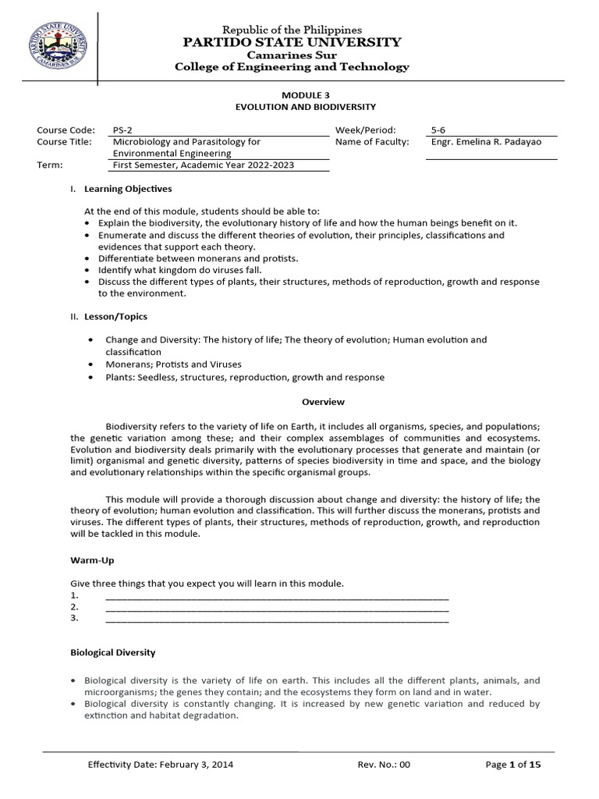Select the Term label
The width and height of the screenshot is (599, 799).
point(49,165)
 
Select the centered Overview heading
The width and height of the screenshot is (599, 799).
point(323,402)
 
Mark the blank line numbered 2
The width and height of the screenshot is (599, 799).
point(276,607)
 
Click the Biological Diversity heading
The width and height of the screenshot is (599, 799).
point(113,652)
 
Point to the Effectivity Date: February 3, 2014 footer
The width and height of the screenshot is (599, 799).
point(160,765)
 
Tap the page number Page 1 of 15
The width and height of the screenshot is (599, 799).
point(512,765)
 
